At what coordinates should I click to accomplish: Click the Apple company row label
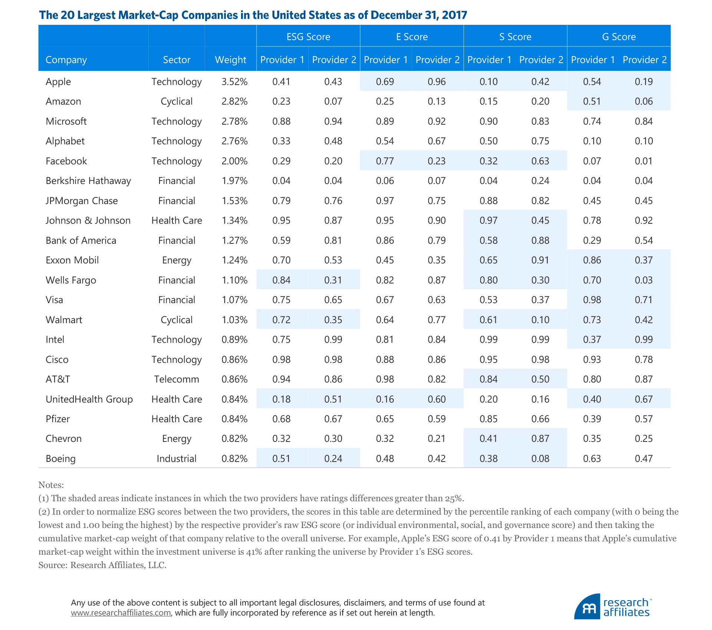(58, 82)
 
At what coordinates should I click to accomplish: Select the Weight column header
(230, 60)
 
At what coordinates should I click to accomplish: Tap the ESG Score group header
(308, 37)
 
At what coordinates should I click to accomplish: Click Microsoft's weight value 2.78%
(234, 121)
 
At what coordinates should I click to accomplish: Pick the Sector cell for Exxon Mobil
(177, 260)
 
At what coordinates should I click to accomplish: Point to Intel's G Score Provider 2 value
(643, 339)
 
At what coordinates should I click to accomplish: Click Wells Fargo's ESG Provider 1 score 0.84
(281, 280)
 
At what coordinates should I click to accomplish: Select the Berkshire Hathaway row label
(88, 181)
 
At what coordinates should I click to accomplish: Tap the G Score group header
(619, 37)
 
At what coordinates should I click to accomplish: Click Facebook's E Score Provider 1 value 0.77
(385, 161)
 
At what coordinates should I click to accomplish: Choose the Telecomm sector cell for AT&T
(177, 379)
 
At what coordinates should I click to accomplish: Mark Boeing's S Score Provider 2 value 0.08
(540, 459)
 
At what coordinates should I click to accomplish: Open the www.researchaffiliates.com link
(121, 613)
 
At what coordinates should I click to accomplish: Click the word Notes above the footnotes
(51, 485)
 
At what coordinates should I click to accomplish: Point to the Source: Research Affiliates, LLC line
(102, 565)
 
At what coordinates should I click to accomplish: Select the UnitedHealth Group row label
(89, 399)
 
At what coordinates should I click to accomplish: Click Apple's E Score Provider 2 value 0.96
(436, 82)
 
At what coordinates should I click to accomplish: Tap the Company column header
(66, 60)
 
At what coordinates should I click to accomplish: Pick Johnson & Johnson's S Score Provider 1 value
(488, 220)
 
